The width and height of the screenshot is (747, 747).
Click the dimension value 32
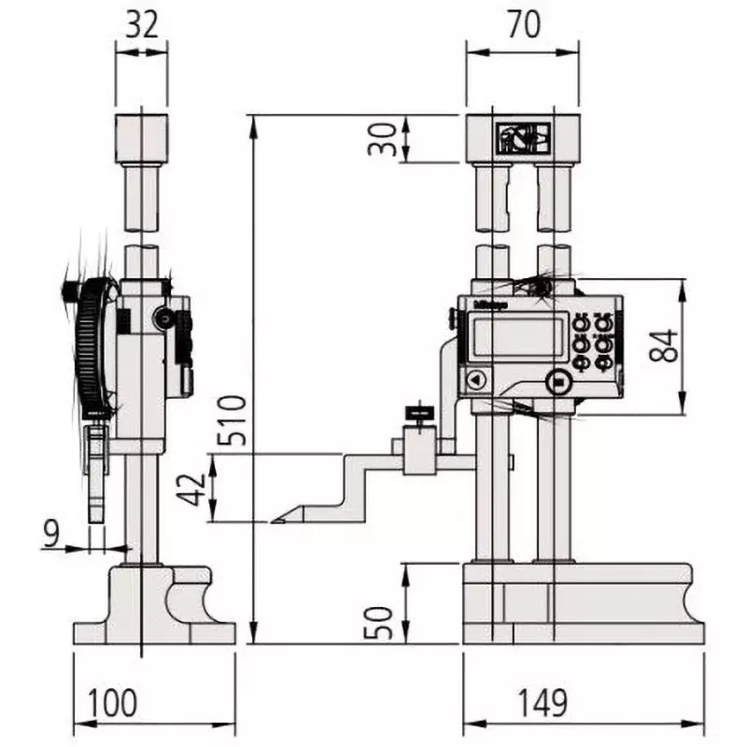point(142,25)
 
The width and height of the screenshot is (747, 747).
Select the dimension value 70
point(524,25)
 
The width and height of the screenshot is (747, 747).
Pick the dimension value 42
point(193,486)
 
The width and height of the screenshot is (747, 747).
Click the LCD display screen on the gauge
point(515,337)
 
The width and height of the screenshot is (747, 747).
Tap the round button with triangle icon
point(476,380)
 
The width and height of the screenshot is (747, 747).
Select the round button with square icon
point(558,381)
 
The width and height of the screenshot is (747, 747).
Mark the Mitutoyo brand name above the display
point(490,303)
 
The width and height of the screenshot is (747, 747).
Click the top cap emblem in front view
point(522,137)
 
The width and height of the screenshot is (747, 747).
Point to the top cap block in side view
point(142,136)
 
